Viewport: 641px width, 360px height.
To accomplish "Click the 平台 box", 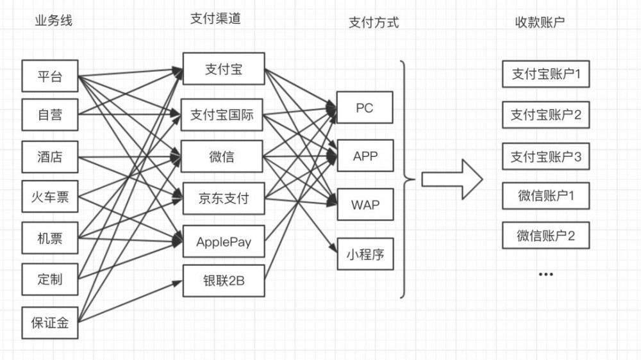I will click(50, 76).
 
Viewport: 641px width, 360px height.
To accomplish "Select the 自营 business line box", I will click(50, 115).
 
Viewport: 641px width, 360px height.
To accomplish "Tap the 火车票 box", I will click(50, 197).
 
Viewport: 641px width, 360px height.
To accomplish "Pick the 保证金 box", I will click(50, 323).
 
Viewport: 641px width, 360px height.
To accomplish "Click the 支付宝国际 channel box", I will click(222, 115).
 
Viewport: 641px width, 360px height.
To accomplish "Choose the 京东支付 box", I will click(222, 198).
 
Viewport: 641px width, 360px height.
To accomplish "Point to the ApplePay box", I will click(222, 242).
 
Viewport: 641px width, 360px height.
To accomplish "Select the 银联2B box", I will click(222, 281).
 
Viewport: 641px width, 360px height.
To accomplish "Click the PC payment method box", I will click(365, 108).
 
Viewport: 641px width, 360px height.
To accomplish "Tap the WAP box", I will click(365, 205).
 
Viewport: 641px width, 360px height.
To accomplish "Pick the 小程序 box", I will click(365, 254).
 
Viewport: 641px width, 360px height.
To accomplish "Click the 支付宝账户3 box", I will click(545, 156).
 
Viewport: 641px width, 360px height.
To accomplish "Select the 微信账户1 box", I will click(545, 196).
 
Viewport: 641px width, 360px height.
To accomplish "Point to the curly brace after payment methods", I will click(404, 179).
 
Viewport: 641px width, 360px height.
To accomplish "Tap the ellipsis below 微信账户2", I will click(545, 274).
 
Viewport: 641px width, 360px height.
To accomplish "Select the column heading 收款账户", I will click(540, 22).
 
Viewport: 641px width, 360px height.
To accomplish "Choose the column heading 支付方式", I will click(373, 22).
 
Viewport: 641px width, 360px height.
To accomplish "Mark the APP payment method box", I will click(365, 156).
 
